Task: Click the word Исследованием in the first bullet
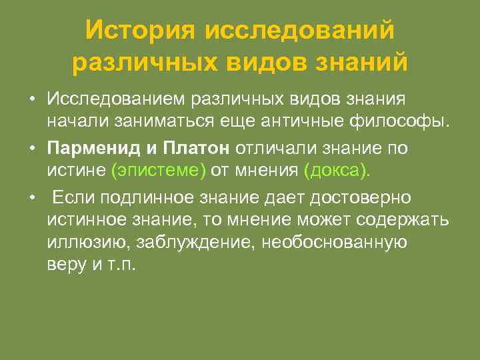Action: pyautogui.click(x=116, y=99)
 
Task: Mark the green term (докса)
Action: pyautogui.click(x=335, y=171)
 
